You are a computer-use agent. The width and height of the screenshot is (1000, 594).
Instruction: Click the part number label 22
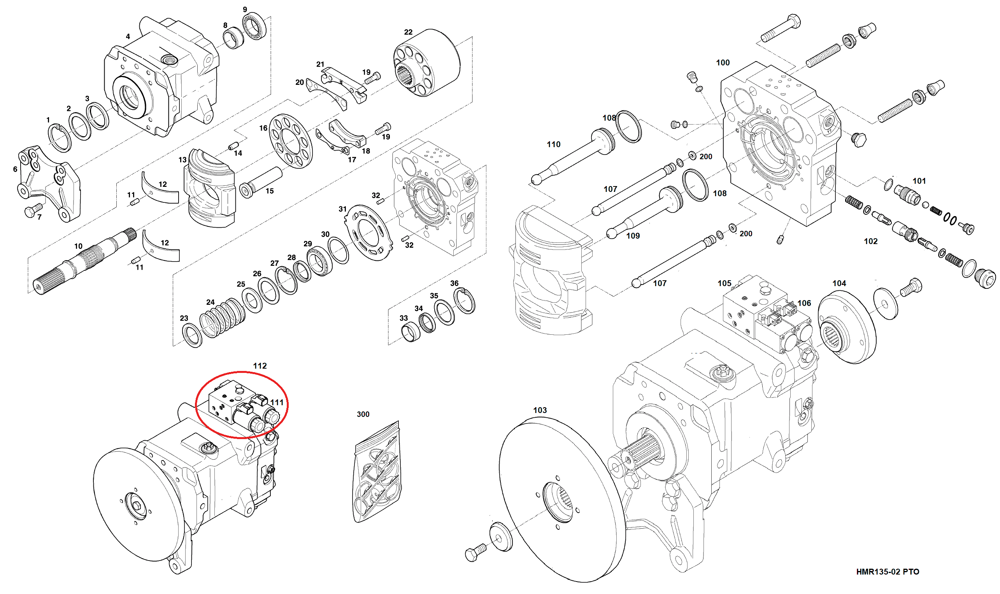408,32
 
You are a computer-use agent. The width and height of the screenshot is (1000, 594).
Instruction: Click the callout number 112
260,366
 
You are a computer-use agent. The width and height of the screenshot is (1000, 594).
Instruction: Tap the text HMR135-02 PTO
887,571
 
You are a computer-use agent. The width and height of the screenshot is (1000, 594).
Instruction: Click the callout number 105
724,283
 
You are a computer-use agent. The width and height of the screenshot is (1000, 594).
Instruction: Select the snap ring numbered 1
60,138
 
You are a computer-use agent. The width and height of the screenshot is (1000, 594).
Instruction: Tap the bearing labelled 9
255,26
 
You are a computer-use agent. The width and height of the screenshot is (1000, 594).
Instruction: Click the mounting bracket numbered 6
48,182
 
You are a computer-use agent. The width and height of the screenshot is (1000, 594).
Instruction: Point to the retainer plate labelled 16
291,141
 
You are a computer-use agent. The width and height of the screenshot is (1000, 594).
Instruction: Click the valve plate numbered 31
368,232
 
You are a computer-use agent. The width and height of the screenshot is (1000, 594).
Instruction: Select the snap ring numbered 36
465,301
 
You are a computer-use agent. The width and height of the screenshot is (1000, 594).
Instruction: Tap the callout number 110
553,144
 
